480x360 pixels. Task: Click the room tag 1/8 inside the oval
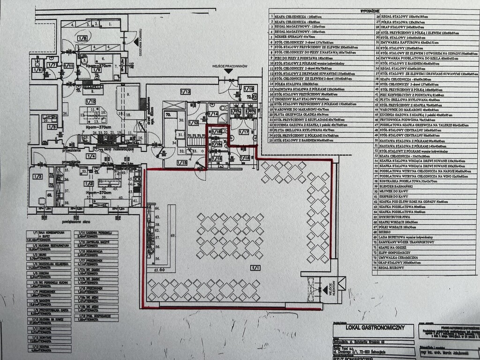click(82, 38)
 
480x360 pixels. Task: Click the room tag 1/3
click(37, 176)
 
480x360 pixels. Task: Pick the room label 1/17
click(243, 133)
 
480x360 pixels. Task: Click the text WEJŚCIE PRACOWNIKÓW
click(229, 67)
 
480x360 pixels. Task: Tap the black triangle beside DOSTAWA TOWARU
click(140, 36)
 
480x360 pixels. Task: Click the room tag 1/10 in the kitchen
click(90, 101)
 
